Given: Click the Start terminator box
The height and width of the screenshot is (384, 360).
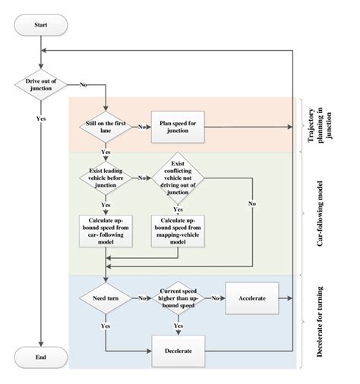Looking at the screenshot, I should [43, 25].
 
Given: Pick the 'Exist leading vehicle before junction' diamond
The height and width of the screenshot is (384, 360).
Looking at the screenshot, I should [106, 179].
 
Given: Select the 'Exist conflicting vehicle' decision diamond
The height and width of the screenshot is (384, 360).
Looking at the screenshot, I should [175, 179].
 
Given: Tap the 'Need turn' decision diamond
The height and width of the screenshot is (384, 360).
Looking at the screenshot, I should [106, 299].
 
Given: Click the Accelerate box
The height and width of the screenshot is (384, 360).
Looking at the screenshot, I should [251, 299].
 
